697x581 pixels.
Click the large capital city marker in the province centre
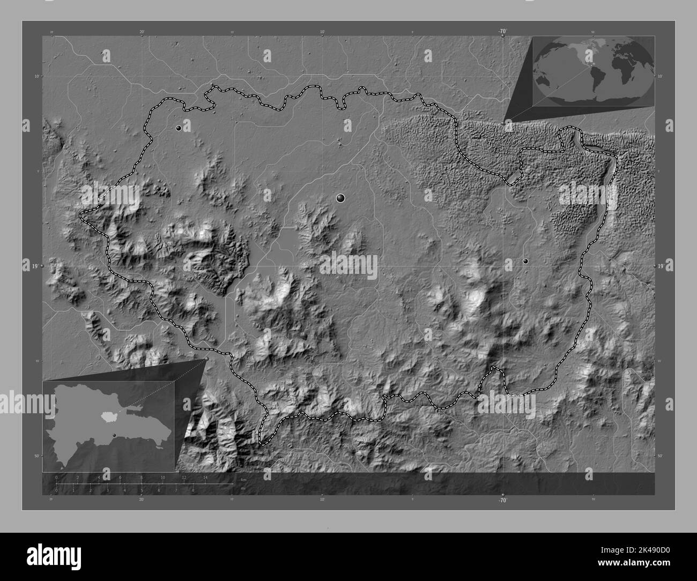pyautogui.click(x=340, y=199)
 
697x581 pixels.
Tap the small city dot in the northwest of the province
pyautogui.click(x=179, y=128)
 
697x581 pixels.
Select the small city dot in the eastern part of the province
pyautogui.click(x=525, y=261)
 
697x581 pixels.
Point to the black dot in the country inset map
pyautogui.click(x=114, y=435)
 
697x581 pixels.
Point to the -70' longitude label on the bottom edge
pyautogui.click(x=502, y=501)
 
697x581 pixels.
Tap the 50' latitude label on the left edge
pyautogui.click(x=36, y=456)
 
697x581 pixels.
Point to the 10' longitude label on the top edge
pyautogui.click(x=322, y=32)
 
